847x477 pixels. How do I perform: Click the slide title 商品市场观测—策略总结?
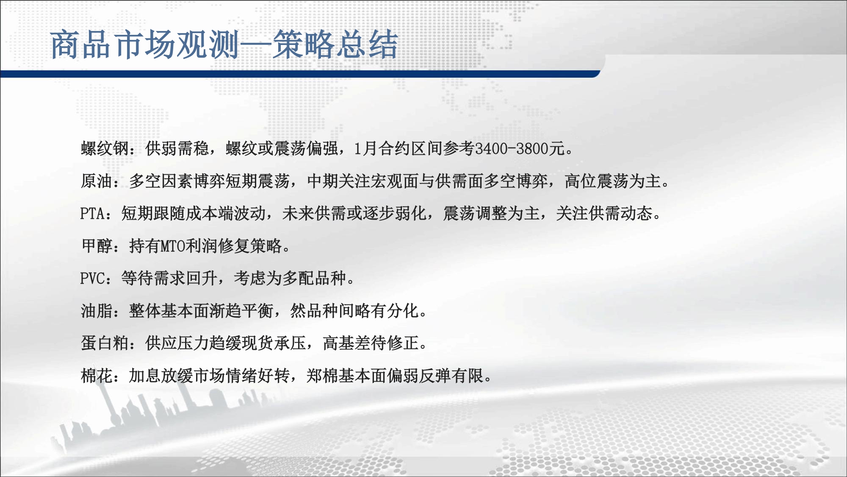tap(224, 45)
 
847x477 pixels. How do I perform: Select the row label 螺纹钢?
tap(105, 148)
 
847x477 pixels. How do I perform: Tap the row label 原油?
tap(97, 181)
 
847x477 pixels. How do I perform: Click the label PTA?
tap(93, 213)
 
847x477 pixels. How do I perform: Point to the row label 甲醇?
tap(97, 246)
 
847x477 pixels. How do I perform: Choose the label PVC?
tap(93, 278)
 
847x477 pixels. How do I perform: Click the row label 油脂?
tap(97, 311)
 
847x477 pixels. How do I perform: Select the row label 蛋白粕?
tap(105, 343)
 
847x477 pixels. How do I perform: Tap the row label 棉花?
tap(97, 376)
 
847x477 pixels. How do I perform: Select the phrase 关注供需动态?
tap(604, 213)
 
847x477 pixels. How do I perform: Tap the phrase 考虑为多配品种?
tap(290, 278)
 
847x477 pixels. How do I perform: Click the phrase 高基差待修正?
tap(371, 343)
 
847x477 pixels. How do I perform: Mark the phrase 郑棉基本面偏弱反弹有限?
tap(395, 376)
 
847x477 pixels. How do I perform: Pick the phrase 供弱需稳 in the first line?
tap(177, 148)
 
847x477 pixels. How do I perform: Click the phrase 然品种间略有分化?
tap(355, 311)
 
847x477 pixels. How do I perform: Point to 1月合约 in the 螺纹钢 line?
tap(379, 148)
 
